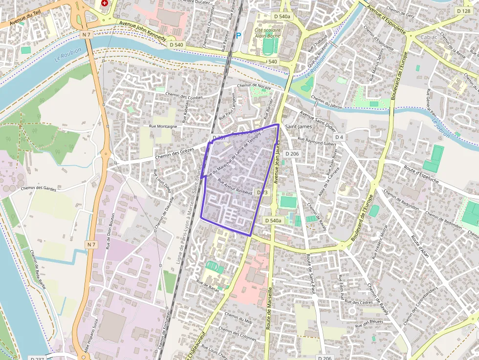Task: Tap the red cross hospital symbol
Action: [x=104, y=3]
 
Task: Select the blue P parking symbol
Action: [x=239, y=35]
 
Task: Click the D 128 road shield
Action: [x=463, y=11]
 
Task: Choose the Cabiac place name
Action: [x=429, y=37]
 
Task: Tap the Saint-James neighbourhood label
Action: [x=298, y=127]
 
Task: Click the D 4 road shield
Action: [x=340, y=137]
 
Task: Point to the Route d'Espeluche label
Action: [x=421, y=173]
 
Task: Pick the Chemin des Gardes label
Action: [x=39, y=188]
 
